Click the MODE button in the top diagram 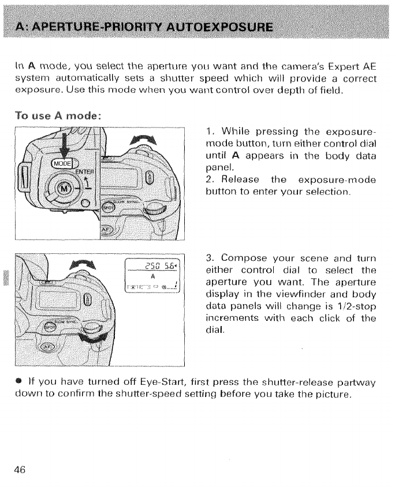pos(63,163)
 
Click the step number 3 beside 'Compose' pos(208,257)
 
